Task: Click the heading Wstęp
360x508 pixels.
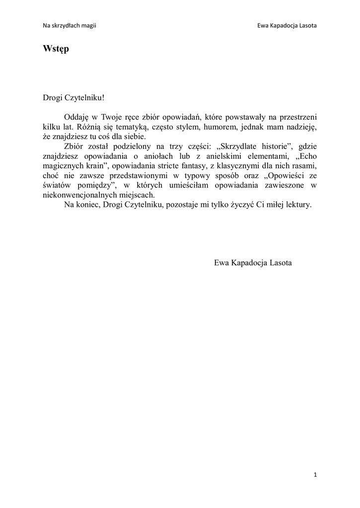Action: pos(56,49)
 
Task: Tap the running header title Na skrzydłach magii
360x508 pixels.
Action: pos(69,26)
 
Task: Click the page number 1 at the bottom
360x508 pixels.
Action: pos(315,475)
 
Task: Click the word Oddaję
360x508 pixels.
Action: pos(76,117)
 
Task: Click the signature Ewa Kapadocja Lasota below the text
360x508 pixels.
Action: pos(253,262)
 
